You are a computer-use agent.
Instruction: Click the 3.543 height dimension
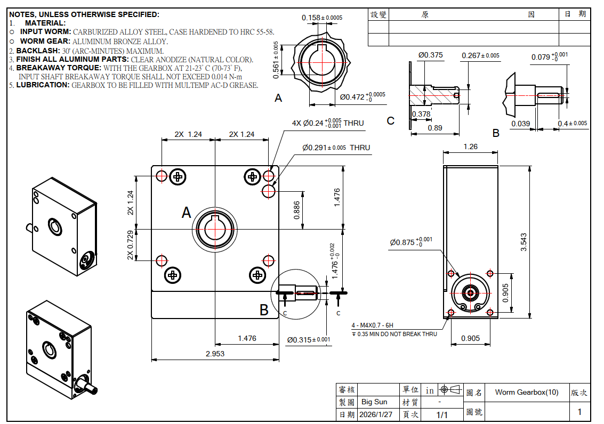(524, 242)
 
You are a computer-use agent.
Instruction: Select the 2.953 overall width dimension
(215, 353)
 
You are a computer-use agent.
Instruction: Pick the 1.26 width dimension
(471, 146)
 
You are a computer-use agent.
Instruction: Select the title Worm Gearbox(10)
(526, 392)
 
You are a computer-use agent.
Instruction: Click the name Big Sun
(374, 402)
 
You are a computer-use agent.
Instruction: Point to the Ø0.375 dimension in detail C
(431, 55)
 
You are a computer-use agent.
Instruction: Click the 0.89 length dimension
(435, 128)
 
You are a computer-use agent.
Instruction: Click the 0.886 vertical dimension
(296, 210)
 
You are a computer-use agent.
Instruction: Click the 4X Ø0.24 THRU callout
(327, 123)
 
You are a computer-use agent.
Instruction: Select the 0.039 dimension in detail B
(520, 124)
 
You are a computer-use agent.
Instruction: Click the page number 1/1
(442, 414)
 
